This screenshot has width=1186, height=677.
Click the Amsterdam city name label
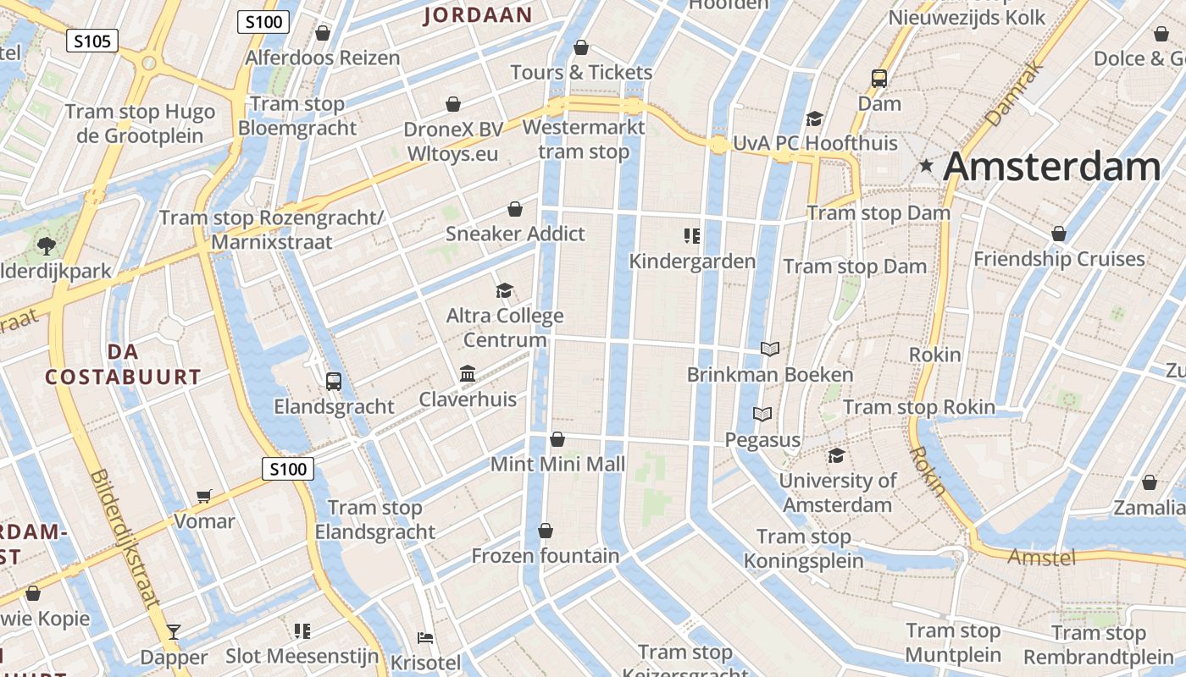(1051, 167)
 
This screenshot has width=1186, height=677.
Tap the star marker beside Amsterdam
(927, 167)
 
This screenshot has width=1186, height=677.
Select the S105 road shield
(92, 41)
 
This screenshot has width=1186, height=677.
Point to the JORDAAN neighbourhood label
(478, 14)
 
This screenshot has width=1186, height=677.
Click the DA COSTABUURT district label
(124, 365)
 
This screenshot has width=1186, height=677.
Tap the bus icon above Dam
(879, 79)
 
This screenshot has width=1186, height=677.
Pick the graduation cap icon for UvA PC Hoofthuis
(814, 118)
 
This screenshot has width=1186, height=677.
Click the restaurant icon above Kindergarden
(692, 235)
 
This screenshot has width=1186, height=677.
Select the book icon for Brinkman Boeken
(769, 349)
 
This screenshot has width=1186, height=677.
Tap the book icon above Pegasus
(762, 414)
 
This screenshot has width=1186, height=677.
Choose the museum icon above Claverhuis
(467, 373)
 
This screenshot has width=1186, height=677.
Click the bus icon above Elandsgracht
(334, 381)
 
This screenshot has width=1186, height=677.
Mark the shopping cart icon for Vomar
(203, 496)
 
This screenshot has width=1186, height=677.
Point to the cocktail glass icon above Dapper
(174, 631)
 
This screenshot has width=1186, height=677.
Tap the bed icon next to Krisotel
(425, 637)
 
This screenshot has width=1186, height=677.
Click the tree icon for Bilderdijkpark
(46, 246)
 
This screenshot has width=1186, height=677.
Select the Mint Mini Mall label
(557, 464)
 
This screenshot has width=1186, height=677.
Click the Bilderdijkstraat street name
(125, 539)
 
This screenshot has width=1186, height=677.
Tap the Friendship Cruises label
(1059, 259)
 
